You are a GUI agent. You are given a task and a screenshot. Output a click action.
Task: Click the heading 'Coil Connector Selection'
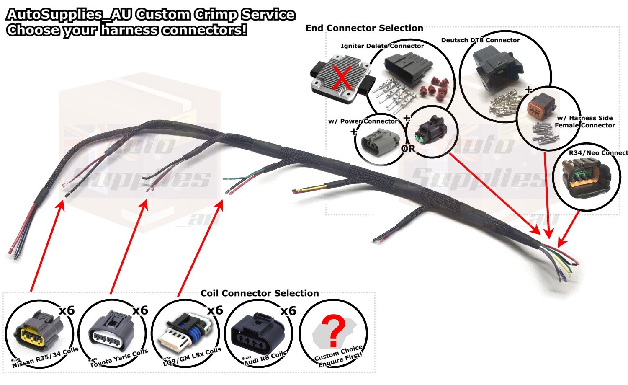click(x=260, y=293)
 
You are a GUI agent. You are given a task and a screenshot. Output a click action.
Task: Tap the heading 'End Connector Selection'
click(x=364, y=28)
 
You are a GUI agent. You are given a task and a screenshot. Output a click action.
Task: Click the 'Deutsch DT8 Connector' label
click(x=480, y=40)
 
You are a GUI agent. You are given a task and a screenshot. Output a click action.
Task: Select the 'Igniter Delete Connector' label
click(x=382, y=46)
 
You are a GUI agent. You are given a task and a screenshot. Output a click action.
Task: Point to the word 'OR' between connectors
click(x=408, y=148)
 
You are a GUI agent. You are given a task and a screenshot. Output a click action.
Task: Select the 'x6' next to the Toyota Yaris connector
click(x=140, y=310)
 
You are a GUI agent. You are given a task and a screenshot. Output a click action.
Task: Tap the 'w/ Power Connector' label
click(x=363, y=121)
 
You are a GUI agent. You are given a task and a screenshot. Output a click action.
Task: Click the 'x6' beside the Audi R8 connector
click(x=288, y=310)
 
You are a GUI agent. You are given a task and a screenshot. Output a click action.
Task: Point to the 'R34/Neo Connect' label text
click(x=598, y=153)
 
